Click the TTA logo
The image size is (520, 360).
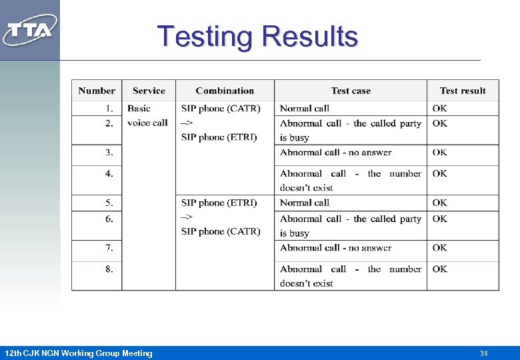tap(30, 29)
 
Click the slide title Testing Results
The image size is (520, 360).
tap(257, 37)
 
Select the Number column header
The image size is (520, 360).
tap(97, 91)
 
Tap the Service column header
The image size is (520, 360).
tap(149, 91)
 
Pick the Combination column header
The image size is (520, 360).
tap(225, 91)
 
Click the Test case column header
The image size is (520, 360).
tap(351, 91)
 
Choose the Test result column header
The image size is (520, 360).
tap(463, 91)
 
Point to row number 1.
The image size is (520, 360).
tap(109, 108)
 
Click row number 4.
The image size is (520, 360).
tap(109, 173)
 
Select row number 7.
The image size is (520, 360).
tap(109, 248)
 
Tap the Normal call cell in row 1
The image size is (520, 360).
tap(305, 108)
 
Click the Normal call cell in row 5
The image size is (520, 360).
tap(305, 203)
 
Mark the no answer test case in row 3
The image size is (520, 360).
tap(336, 152)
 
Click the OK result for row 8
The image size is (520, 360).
tap(439, 269)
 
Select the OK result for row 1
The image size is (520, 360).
tap(439, 108)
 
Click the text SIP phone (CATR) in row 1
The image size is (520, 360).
tap(221, 108)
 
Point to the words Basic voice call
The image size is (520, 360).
tap(147, 115)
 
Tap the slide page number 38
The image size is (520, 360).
tap(484, 353)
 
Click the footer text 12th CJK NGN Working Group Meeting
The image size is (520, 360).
tap(78, 353)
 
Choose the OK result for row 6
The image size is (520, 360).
tap(439, 219)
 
